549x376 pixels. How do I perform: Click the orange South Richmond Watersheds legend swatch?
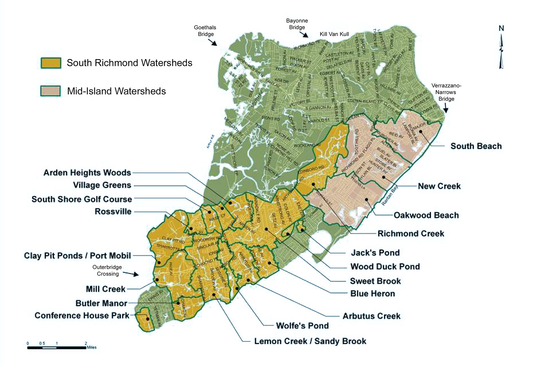(x=51, y=63)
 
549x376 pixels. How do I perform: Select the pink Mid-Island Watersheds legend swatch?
(x=51, y=91)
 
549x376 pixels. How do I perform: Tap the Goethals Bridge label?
(x=205, y=31)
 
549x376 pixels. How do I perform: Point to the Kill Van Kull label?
(x=334, y=34)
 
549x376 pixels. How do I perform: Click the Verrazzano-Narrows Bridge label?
(x=446, y=92)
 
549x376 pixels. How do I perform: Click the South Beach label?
(x=476, y=146)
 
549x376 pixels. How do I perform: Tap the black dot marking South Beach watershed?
(x=421, y=132)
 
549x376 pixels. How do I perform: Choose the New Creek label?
(x=439, y=186)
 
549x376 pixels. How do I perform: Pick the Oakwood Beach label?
(x=426, y=215)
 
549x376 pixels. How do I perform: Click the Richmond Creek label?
(x=411, y=234)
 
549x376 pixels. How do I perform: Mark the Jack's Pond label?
(x=375, y=253)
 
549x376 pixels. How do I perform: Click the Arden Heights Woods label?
(x=87, y=173)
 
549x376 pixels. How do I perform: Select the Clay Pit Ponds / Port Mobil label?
(x=77, y=256)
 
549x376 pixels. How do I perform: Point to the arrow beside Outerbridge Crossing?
(x=132, y=274)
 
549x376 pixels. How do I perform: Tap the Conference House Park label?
(x=82, y=316)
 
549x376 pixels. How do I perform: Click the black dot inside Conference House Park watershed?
(x=148, y=319)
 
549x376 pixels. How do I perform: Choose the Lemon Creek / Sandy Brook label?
(x=310, y=341)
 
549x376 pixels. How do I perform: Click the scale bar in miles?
(x=57, y=347)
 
